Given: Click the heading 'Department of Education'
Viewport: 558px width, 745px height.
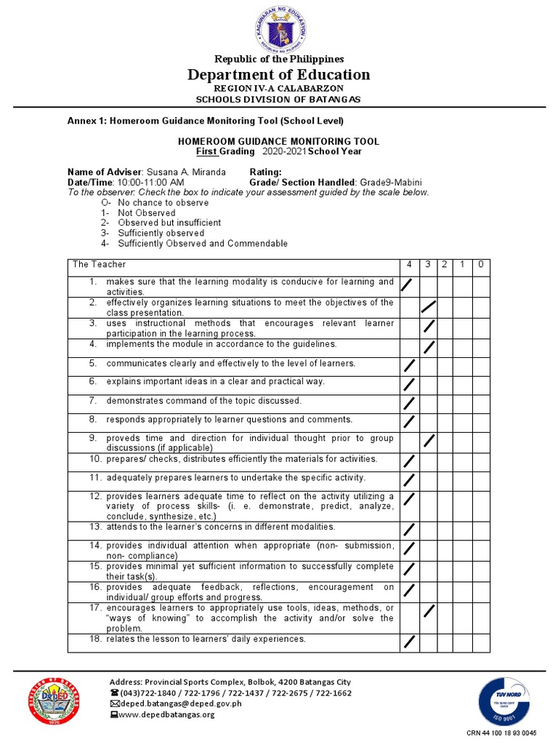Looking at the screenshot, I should [279, 75].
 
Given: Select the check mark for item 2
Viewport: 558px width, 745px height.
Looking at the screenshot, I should [429, 306].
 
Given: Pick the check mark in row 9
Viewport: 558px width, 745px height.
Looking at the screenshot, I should [429, 441].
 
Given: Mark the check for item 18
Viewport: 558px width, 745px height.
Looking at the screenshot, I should [409, 642].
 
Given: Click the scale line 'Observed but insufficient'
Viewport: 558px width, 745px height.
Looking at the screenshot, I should [169, 223].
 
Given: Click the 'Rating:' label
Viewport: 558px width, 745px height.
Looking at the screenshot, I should [265, 172].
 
